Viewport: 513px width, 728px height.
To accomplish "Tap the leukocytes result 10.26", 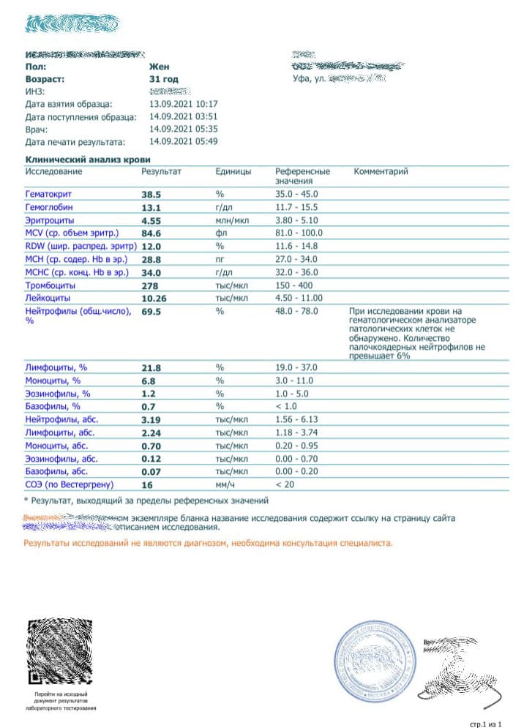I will point(154,299).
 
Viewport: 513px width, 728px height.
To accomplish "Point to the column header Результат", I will point(160,171).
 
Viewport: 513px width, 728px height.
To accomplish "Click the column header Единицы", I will point(233,171).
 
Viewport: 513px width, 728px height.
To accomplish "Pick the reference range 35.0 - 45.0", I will point(296,194).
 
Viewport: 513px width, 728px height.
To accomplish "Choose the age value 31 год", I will point(163,78).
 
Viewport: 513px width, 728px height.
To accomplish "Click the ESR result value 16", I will point(146,485).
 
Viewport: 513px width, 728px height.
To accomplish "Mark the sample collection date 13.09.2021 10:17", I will point(183,104).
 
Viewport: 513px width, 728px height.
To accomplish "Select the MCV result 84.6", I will point(151,233).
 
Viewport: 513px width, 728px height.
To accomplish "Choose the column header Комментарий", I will point(381,171).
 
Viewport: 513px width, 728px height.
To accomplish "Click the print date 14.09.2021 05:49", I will point(183,142).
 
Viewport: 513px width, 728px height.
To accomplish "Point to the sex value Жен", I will point(159,66).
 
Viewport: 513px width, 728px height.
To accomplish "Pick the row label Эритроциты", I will point(50,220).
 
